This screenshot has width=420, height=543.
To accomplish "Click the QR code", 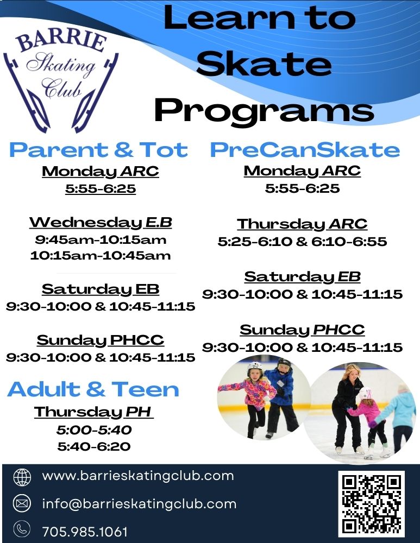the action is [372, 504].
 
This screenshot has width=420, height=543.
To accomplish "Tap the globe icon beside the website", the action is [22, 477].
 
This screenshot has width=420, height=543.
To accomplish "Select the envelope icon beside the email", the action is [22, 503].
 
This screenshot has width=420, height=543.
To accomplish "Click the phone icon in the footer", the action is [22, 529].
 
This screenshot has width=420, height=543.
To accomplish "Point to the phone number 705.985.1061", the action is [85, 531].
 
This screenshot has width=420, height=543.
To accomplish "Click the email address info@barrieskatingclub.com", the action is [139, 503].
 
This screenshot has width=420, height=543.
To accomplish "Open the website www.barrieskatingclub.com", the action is [138, 476].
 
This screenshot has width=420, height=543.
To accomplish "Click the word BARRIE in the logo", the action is [61, 41].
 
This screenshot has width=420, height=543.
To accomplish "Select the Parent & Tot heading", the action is [98, 150].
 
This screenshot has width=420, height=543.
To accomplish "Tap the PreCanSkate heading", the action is [305, 150].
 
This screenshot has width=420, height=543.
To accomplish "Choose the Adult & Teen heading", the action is [93, 389].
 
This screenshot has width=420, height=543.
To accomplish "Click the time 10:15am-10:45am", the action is [101, 256].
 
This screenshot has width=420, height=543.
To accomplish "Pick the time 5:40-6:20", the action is [94, 446].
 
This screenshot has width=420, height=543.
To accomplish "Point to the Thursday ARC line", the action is [302, 224].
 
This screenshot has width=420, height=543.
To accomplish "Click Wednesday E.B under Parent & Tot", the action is [101, 222].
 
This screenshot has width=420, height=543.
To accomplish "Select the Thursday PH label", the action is [93, 412].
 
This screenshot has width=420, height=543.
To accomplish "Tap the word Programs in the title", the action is [264, 110].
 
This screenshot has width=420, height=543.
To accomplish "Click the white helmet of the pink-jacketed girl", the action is [255, 368].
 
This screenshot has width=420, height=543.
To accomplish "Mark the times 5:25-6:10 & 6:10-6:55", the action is [302, 242].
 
